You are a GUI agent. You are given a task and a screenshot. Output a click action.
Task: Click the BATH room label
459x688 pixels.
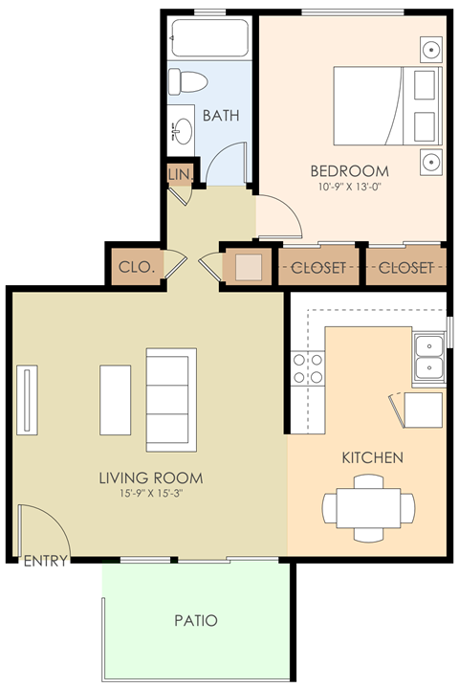220,116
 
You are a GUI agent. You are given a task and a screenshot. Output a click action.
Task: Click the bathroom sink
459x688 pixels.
182,131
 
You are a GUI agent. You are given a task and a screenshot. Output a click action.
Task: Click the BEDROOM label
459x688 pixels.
350,171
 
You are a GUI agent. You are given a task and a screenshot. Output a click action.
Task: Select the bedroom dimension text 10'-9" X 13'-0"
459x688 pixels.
350,187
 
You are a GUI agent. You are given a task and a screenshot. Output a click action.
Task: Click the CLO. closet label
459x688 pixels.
136,268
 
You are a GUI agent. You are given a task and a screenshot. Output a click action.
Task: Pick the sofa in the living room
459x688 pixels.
170,399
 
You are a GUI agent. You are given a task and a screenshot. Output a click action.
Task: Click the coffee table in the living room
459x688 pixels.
116,399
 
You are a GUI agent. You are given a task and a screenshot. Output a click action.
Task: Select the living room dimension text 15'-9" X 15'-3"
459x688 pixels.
152,495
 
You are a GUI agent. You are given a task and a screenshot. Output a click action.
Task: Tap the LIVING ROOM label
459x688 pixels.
152,477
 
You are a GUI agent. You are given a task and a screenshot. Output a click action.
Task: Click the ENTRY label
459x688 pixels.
45,562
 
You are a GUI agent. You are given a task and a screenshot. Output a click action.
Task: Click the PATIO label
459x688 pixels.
196,621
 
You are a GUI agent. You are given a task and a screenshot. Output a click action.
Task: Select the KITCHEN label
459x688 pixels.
372,458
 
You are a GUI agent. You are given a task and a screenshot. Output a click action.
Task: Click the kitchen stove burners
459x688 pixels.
308,367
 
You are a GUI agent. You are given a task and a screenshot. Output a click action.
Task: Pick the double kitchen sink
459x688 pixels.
427,356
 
